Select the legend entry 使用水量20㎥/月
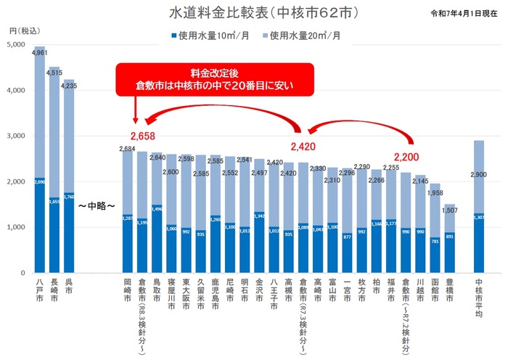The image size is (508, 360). pos(304,35)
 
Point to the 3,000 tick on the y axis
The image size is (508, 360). pos(16,136)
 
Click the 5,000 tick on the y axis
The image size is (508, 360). pos(16,45)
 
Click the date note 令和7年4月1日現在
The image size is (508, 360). pos(464,14)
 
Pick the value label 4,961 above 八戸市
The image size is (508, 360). pos(40,53)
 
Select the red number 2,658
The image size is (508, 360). pos(143,136)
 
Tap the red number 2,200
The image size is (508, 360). pos(406,155)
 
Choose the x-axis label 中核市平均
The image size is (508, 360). pos(479,300)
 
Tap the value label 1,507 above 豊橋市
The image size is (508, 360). pos(449,211)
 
